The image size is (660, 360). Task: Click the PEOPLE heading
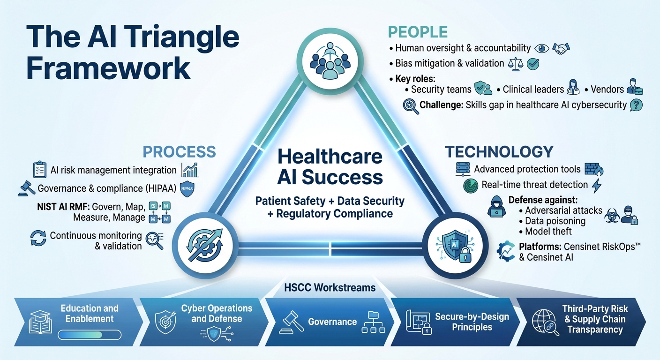pyautogui.click(x=418, y=31)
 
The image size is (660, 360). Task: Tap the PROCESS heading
pyautogui.click(x=179, y=151)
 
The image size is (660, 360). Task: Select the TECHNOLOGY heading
pyautogui.click(x=499, y=151)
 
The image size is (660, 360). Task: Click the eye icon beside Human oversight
pyautogui.click(x=542, y=48)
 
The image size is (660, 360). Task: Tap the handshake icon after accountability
pyautogui.click(x=561, y=48)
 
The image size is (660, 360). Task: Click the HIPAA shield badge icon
pyautogui.click(x=186, y=188)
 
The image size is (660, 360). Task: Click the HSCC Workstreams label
pyautogui.click(x=330, y=287)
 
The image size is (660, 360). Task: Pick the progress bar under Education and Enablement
pyautogui.click(x=90, y=335)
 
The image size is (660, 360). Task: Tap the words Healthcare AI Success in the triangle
pyautogui.click(x=330, y=166)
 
